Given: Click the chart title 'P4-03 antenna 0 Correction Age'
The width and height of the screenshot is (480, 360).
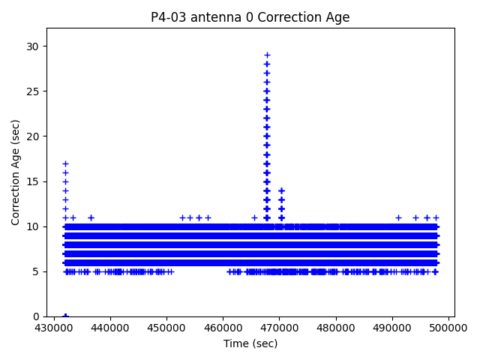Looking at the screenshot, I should click(x=250, y=17).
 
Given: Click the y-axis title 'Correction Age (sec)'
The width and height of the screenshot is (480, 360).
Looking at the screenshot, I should click(x=16, y=172).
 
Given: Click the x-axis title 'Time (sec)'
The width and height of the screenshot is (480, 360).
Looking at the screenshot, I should click(x=250, y=343).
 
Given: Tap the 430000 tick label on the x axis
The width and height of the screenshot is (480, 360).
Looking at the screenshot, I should click(x=54, y=328).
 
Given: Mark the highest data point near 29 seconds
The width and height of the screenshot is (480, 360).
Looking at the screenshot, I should click(x=267, y=55).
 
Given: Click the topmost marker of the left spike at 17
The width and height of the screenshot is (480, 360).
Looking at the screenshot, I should click(x=65, y=163).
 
